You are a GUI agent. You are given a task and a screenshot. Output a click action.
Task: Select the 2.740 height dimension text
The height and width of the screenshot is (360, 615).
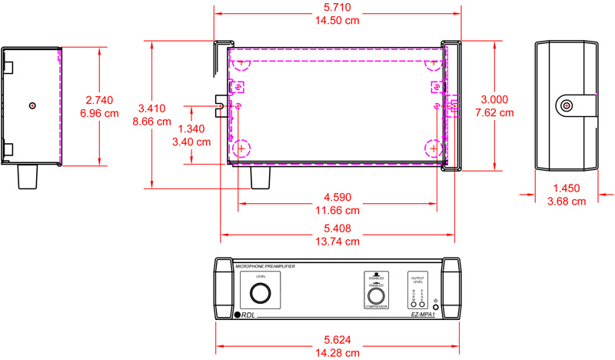tap(101, 100)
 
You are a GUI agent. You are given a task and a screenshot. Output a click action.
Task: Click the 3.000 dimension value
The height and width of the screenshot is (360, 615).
tap(494, 99)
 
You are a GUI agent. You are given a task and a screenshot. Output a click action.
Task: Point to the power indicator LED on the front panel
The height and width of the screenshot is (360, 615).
tap(436, 307)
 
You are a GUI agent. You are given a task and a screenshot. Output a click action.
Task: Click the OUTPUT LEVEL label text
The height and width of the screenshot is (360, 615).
tap(417, 280)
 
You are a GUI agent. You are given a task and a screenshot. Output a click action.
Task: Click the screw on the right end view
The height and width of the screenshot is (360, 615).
tap(567, 105)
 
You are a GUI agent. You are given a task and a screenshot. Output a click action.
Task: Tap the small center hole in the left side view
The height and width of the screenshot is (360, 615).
tap(32, 105)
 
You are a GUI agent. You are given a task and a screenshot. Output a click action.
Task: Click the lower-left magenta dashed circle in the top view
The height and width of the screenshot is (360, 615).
tap(242, 146)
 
